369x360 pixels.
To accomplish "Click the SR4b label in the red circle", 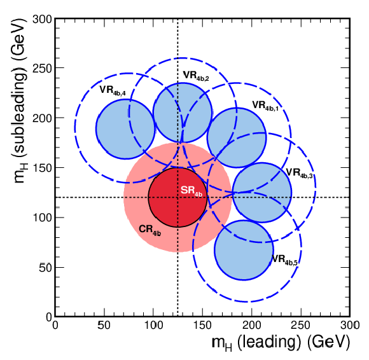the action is [191, 191].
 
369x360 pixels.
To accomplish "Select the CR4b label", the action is [150, 230].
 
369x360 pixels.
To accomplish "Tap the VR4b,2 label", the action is [196, 76].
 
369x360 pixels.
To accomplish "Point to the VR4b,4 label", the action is [113, 90].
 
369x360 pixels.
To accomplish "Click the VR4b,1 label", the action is [265, 106].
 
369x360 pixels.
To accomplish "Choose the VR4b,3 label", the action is [300, 173].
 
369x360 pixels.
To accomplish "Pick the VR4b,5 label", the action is [285, 260].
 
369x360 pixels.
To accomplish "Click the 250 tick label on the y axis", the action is [42, 69].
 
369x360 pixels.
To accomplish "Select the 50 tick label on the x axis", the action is [104, 326].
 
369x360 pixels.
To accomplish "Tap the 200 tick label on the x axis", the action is [252, 326].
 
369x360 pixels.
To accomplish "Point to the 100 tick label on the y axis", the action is [42, 218].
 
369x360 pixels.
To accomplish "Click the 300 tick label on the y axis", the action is [42, 19].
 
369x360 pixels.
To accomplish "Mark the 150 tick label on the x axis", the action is [202, 326].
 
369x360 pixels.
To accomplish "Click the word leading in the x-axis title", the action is [269, 343].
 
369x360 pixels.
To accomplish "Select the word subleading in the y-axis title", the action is [18, 110].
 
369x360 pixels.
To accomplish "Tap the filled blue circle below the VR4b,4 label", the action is [125, 129].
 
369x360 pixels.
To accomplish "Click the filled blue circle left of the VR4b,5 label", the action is [244, 250].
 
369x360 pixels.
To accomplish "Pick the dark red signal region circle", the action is [178, 197].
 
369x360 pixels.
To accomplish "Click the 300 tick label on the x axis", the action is [350, 326].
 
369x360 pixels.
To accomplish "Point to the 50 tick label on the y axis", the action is [45, 267].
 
